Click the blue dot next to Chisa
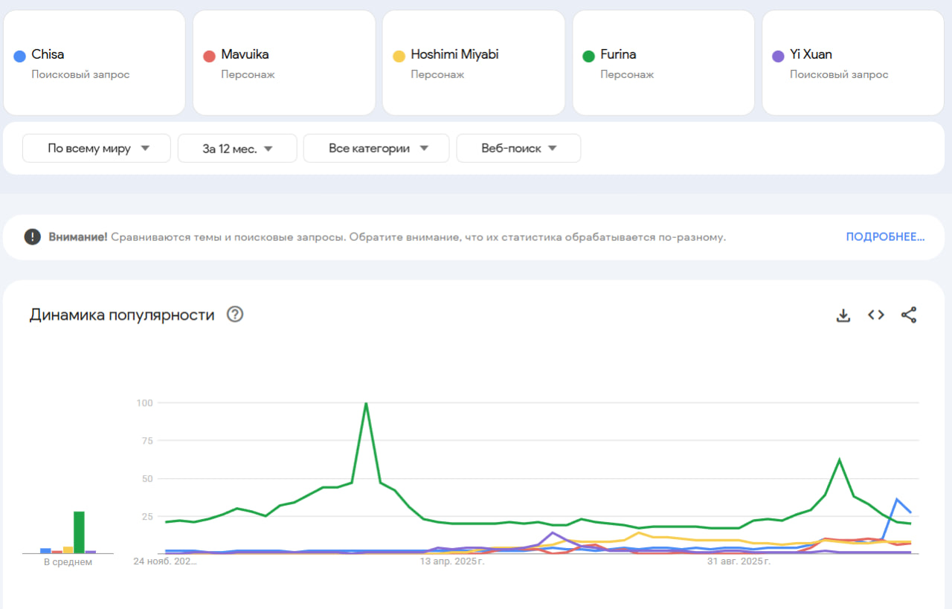(20, 56)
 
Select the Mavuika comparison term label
(245, 54)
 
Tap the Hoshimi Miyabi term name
(454, 54)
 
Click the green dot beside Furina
(588, 56)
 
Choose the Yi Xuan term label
(811, 54)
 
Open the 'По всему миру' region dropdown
(97, 148)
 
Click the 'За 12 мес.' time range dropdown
(237, 148)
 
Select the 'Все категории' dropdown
(376, 148)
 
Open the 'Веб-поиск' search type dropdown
(518, 148)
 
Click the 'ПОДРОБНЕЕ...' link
(885, 237)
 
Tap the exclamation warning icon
(32, 237)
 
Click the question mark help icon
(235, 315)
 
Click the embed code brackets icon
(876, 315)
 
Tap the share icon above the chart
(909, 315)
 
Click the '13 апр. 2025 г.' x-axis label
(452, 561)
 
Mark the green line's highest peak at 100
(366, 404)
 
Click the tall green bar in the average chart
(79, 532)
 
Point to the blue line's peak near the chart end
(897, 499)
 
